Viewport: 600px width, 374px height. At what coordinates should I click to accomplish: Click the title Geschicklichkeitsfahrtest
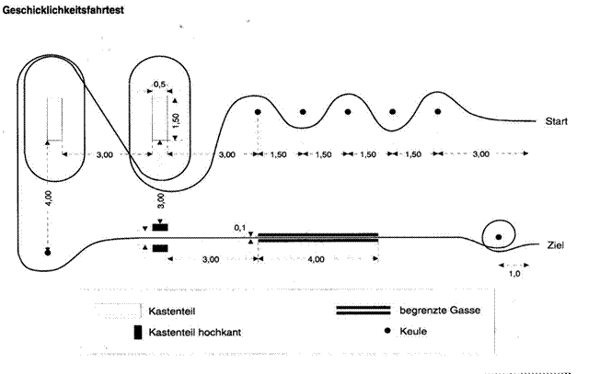coord(63,10)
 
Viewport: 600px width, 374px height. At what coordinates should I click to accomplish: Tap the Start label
coord(556,121)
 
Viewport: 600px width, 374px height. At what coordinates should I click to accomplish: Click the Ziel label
coord(555,245)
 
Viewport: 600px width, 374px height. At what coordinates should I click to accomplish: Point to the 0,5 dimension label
coord(159,84)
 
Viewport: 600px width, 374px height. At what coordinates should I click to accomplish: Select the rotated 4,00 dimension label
coord(49,198)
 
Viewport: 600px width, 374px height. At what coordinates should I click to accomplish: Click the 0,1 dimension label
coord(240,228)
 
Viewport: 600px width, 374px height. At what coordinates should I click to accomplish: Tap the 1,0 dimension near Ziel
coord(514,274)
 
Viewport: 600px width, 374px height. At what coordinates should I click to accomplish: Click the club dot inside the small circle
coord(498,237)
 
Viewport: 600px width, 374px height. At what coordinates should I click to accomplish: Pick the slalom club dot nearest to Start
coord(438,111)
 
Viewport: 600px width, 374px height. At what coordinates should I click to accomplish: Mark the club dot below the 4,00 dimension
coord(48,253)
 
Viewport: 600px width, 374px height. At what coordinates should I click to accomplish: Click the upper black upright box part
coord(160,228)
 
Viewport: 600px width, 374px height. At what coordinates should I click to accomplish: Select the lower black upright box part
coord(160,249)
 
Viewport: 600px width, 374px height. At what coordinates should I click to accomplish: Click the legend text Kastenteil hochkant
coord(195,333)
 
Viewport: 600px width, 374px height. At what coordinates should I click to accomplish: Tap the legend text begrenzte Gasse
coord(440,311)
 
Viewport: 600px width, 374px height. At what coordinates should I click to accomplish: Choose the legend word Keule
coord(413,331)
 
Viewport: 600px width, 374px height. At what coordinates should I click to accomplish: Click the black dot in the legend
coord(387,331)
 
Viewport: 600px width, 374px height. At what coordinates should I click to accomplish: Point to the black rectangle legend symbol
coord(138,333)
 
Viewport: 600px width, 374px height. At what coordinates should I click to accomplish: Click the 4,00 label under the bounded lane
coord(316,259)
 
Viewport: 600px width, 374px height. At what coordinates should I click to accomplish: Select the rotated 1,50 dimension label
coord(176,120)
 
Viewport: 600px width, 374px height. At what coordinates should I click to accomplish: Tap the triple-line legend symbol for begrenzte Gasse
coord(363,311)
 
